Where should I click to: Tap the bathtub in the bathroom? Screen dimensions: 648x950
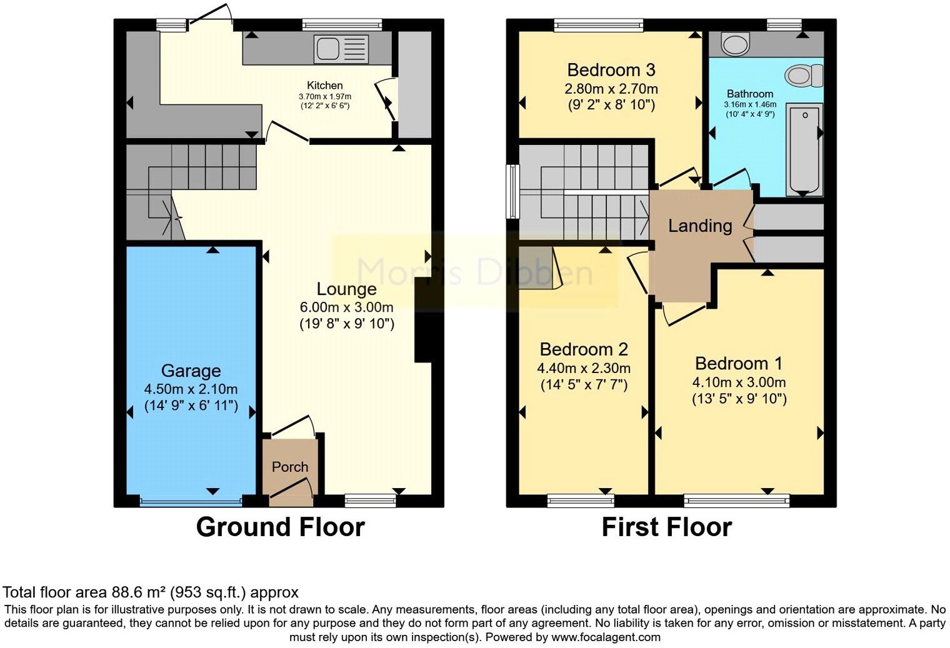(804, 149)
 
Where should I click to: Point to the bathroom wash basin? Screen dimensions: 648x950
(734, 44)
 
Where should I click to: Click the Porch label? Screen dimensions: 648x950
(290, 467)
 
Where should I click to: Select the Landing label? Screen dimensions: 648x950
(700, 226)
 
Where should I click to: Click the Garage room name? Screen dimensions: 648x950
(191, 371)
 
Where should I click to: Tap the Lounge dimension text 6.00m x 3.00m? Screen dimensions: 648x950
(346, 307)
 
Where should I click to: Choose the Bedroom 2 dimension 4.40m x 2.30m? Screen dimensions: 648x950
(584, 368)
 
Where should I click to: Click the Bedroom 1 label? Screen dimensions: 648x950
(738, 364)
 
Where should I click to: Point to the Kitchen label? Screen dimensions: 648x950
(324, 86)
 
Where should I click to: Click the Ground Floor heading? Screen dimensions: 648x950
(280, 527)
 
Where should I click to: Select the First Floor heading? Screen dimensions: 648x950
(666, 527)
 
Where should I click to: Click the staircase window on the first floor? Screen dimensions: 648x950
(512, 191)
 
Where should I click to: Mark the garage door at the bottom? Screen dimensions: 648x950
(190, 501)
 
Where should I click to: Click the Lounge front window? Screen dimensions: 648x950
(370, 500)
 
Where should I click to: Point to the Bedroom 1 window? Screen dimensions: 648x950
(736, 500)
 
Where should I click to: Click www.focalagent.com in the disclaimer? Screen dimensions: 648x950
(605, 637)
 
